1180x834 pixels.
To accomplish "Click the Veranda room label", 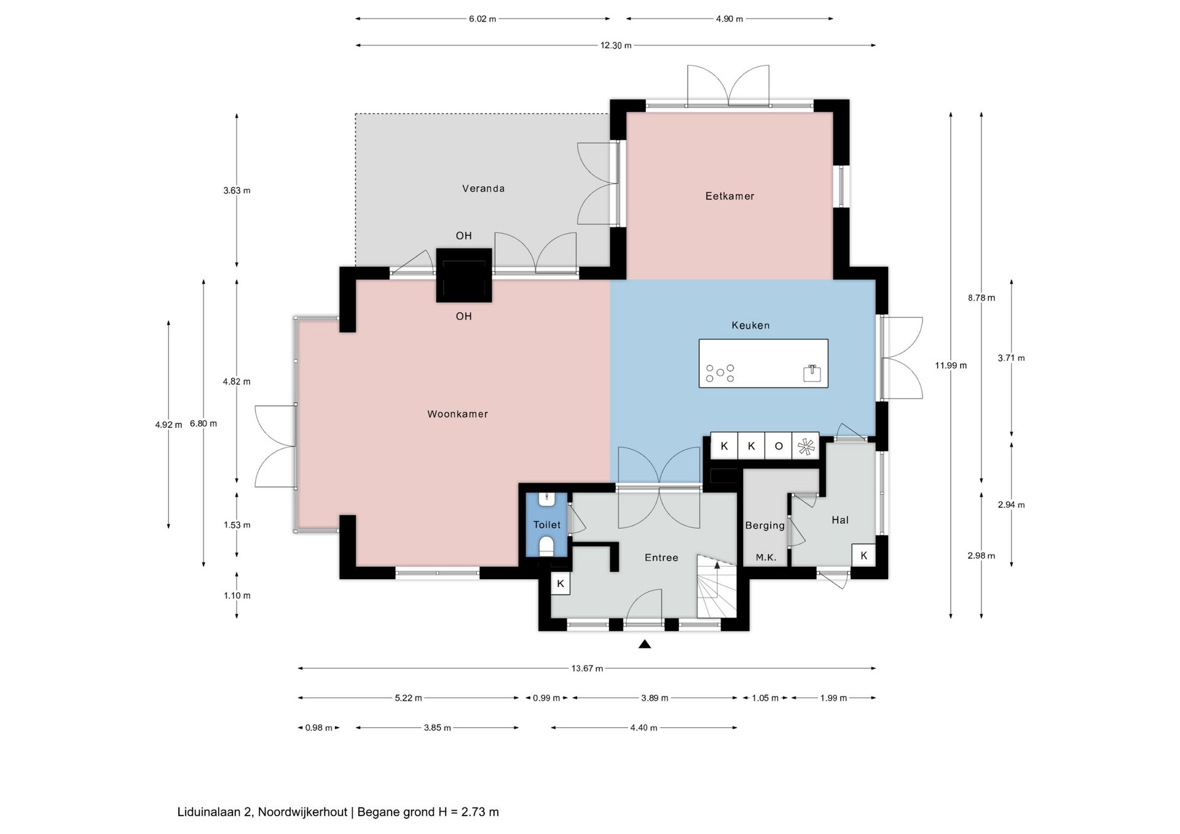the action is click(x=483, y=189).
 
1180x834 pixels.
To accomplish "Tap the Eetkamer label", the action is click(x=730, y=196).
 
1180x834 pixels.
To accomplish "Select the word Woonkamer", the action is click(x=458, y=414).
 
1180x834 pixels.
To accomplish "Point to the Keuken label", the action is click(x=750, y=325).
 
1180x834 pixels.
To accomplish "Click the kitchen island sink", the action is click(x=812, y=373).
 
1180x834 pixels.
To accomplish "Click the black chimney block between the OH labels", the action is click(x=464, y=275).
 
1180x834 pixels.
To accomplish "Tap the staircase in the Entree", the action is click(x=717, y=587).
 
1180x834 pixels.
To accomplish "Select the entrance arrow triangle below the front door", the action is click(x=645, y=644).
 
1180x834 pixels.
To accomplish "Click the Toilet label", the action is click(x=547, y=524).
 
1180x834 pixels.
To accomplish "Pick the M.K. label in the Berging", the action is click(x=766, y=558).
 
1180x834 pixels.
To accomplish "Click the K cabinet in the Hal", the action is click(x=863, y=555).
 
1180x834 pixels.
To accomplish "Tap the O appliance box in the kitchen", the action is click(x=779, y=446).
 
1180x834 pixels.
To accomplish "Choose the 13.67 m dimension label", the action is click(x=587, y=668).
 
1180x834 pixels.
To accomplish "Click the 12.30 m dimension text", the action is click(x=616, y=45).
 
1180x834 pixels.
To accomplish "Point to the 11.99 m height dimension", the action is click(x=951, y=365).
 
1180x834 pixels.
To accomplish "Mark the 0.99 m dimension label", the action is click(x=546, y=698).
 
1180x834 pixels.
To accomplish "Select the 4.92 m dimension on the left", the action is click(x=168, y=424).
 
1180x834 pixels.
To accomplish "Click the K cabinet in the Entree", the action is click(x=560, y=583).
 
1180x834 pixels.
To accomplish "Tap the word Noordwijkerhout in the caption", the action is click(x=302, y=812).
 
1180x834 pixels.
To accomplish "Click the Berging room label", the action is click(x=765, y=526).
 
